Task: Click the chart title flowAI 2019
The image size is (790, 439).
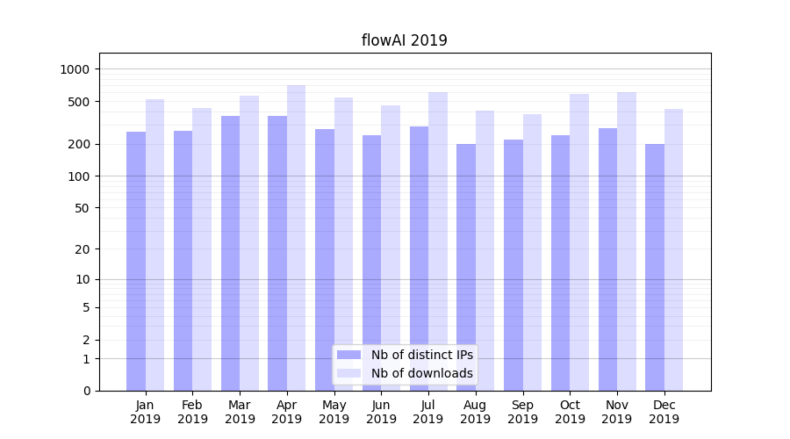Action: [404, 40]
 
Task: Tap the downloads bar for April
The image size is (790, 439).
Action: [297, 237]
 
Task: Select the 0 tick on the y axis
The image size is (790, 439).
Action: [86, 391]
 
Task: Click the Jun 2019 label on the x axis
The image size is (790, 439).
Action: [381, 412]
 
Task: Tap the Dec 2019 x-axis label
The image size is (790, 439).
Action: [664, 412]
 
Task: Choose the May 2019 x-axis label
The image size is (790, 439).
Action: [334, 412]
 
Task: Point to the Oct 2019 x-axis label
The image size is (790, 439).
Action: [570, 412]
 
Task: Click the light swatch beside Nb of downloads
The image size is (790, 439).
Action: [348, 373]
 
